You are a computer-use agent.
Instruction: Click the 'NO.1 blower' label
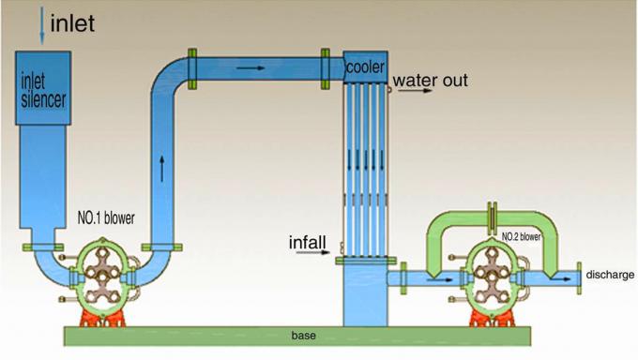point(105,218)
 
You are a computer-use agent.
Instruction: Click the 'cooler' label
point(362,67)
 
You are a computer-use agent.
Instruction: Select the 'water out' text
point(430,81)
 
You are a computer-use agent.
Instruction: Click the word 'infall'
point(307,244)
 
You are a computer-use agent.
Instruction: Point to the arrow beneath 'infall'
point(320,254)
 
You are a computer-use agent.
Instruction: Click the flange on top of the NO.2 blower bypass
point(491,217)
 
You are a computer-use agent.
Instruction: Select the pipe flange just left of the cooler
point(327,67)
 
